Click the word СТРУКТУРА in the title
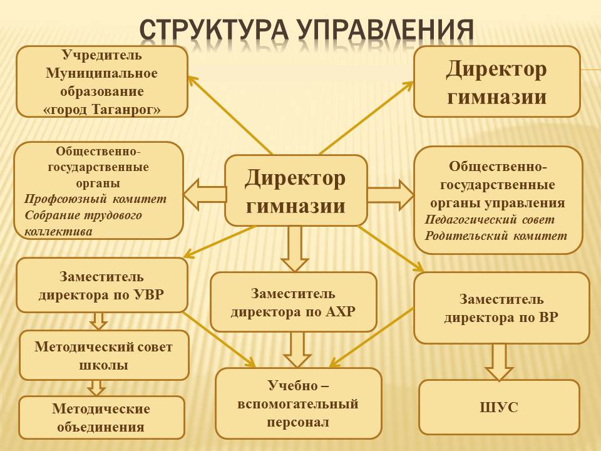[x=214, y=29]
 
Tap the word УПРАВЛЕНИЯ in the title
[x=385, y=29]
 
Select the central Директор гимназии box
[x=296, y=190]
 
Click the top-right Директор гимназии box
[x=496, y=81]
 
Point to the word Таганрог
[x=126, y=110]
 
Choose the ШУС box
[x=499, y=407]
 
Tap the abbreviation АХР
[x=341, y=311]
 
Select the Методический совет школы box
[x=104, y=356]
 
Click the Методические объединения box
[x=101, y=418]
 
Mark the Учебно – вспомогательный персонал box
[x=299, y=403]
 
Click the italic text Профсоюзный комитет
[x=95, y=199]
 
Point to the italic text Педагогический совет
[x=490, y=219]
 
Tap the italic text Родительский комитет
[x=496, y=236]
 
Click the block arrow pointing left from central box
[x=204, y=194]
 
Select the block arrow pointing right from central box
[x=391, y=195]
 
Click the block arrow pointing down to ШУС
[x=499, y=362]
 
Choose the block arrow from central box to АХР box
[x=295, y=249]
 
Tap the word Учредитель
[x=102, y=55]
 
